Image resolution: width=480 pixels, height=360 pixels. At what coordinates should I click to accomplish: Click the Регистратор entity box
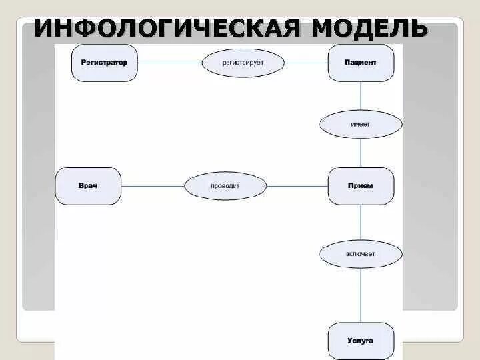point(104,63)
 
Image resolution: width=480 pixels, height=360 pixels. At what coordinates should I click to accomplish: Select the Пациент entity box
point(361,63)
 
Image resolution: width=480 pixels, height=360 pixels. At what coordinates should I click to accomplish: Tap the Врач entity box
point(88,185)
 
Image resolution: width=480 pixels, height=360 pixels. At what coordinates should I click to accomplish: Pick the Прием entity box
point(361,185)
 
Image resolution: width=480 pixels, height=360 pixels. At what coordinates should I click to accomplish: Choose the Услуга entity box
point(361,341)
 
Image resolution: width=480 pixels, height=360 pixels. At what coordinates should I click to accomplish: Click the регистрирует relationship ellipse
point(243,63)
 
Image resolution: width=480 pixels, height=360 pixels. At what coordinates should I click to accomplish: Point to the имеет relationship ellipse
point(361,124)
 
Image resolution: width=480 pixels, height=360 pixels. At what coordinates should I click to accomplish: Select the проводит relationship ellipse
point(225,185)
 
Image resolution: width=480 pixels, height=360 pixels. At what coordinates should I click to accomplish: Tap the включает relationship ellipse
point(361,254)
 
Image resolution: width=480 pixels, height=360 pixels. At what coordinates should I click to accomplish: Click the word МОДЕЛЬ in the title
point(368,29)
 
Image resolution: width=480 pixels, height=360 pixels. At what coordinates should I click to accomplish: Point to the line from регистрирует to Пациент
point(306,63)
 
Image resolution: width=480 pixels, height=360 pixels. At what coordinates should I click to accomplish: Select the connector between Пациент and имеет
point(361,95)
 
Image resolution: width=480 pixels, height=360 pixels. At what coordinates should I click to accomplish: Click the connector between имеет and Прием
point(361,153)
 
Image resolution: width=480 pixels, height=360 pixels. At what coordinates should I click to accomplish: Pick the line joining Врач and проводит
point(152,185)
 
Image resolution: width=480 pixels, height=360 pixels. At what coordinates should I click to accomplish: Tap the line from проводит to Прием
point(297,185)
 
